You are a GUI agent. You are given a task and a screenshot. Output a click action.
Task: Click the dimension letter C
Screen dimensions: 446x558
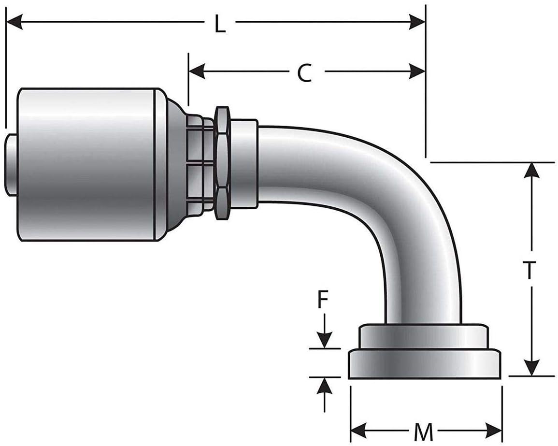click(x=304, y=73)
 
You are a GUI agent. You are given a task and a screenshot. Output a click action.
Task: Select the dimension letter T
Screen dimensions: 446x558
click(x=530, y=271)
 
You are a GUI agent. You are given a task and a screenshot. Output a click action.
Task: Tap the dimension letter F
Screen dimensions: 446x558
click(x=323, y=302)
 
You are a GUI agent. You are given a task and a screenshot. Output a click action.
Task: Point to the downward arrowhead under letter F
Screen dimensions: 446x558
click(x=325, y=340)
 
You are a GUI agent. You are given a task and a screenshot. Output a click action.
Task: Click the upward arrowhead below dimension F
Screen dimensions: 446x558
click(x=325, y=385)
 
